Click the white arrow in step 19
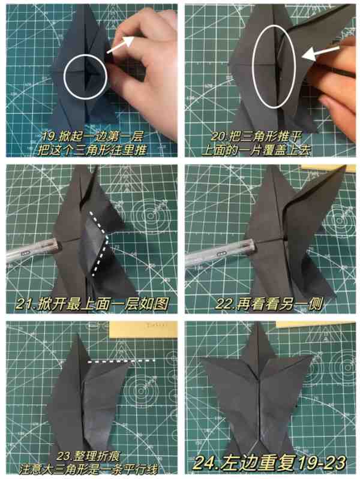pyautogui.click(x=120, y=45)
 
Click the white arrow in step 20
pyautogui.click(x=320, y=52)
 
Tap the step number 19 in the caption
pyautogui.click(x=49, y=137)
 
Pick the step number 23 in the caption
pyautogui.click(x=64, y=456)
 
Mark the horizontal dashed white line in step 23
pyautogui.click(x=121, y=361)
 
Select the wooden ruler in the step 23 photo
pyautogui.click(x=143, y=329)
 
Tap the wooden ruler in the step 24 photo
pyautogui.click(x=316, y=324)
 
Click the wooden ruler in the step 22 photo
pyautogui.click(x=328, y=167)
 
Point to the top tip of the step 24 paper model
pyautogui.click(x=259, y=323)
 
